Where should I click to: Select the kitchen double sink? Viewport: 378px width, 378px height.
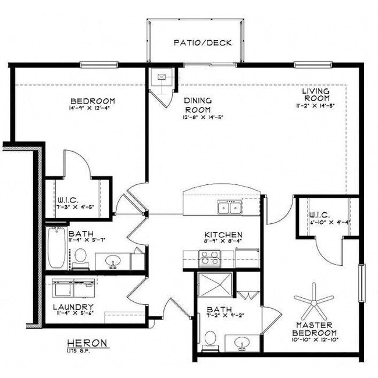(x=230, y=207)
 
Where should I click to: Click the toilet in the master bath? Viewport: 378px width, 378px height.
(x=211, y=337)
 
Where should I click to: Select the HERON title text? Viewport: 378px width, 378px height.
(x=87, y=343)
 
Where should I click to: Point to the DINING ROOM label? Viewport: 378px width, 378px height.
(x=198, y=105)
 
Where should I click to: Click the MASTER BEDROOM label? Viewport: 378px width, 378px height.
(x=313, y=328)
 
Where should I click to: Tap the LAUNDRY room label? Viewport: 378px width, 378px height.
(x=73, y=307)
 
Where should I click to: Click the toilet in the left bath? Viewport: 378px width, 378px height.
(x=81, y=255)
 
